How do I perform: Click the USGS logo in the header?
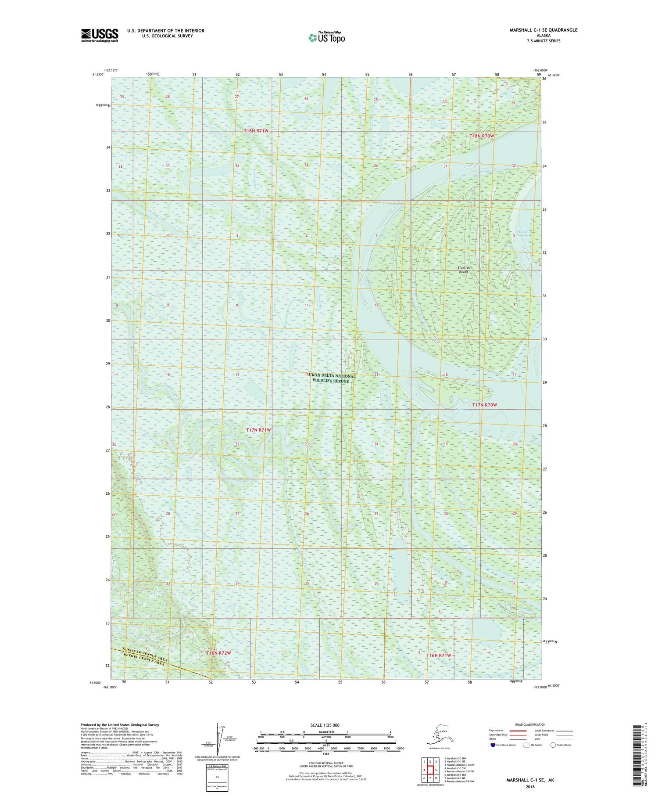pos(100,35)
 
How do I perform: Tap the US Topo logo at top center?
pos(326,37)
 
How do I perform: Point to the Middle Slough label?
pos(523,233)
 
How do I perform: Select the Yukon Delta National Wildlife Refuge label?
pos(331,378)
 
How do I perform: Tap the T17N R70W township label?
pos(484,404)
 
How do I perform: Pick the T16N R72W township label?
pos(218,653)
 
